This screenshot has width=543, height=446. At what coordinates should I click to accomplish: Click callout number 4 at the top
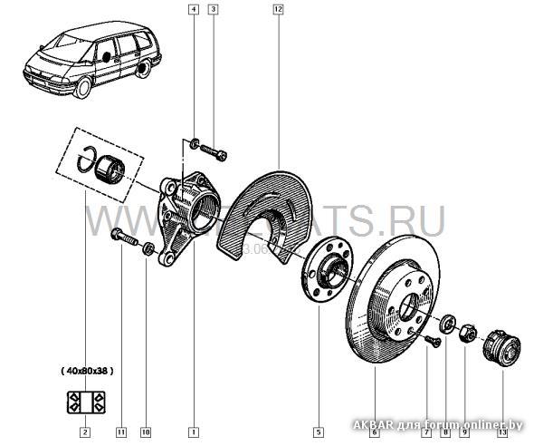tap(193, 10)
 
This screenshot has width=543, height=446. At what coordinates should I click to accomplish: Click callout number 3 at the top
tap(213, 10)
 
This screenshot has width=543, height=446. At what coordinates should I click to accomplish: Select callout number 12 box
tap(278, 10)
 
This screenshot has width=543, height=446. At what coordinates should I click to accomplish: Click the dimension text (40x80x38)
tap(87, 371)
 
